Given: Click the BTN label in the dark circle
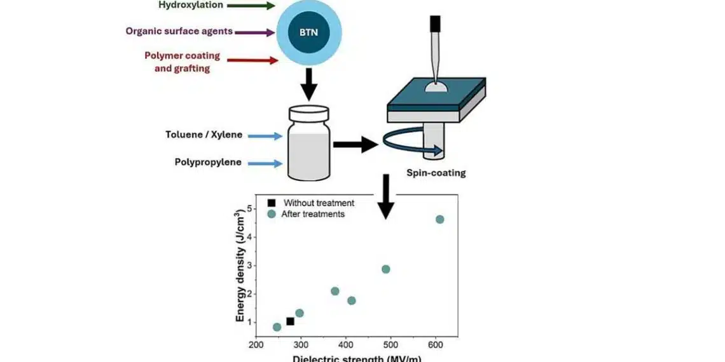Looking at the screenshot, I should tap(309, 31).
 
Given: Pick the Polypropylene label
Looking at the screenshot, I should tap(208, 162).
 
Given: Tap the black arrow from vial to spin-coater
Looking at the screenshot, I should tap(355, 144).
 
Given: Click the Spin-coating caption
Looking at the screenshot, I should tap(436, 172).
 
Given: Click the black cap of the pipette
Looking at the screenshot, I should tap(435, 23).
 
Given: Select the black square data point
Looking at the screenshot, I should tap(290, 321).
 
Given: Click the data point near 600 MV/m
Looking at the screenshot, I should tap(439, 219).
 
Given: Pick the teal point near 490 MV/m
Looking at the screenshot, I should tap(385, 269).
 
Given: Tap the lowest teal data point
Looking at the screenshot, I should tap(277, 327).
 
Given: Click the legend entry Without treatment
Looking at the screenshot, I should tap(318, 203).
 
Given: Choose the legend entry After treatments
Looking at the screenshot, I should tap(313, 214).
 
